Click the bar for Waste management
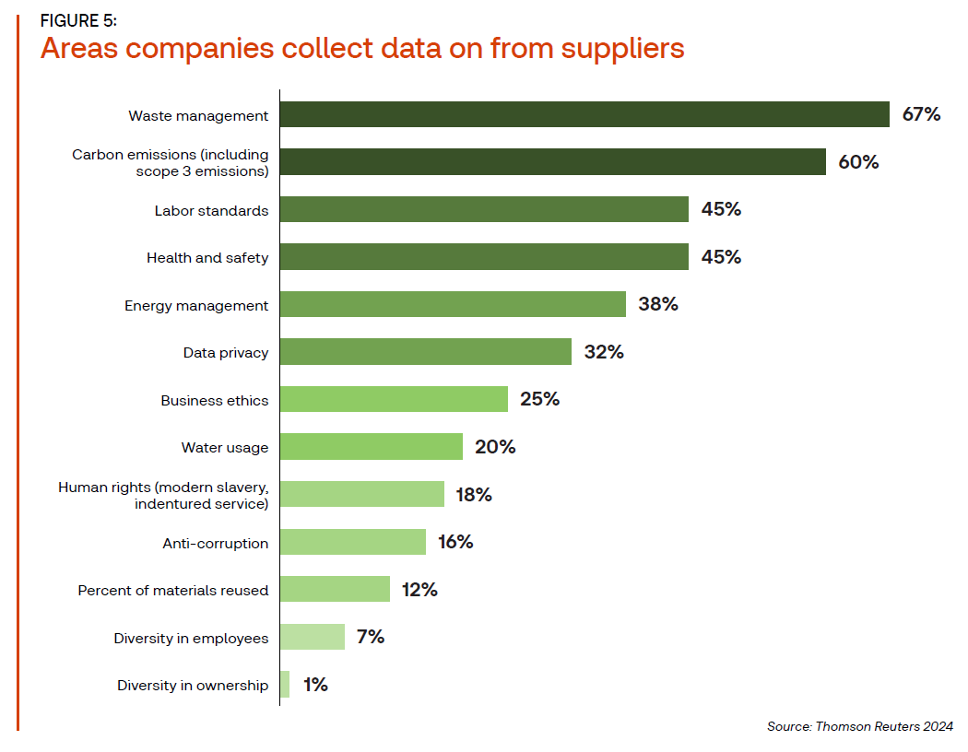coord(584,114)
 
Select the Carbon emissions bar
coord(552,162)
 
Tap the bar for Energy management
coord(453,304)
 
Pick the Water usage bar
coord(371,447)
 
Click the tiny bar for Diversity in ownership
coord(285,685)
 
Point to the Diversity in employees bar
coord(313,637)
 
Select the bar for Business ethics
coord(394,399)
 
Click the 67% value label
coord(921,114)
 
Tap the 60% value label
coord(858,162)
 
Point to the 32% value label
coord(604,352)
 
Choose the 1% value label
coord(314,685)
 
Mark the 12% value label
coord(419,590)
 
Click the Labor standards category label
coord(211,210)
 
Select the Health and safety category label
coord(207,258)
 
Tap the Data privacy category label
coord(226,352)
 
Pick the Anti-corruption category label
coord(216,543)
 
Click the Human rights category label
coord(163,495)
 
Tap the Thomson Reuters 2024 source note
coord(860,727)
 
